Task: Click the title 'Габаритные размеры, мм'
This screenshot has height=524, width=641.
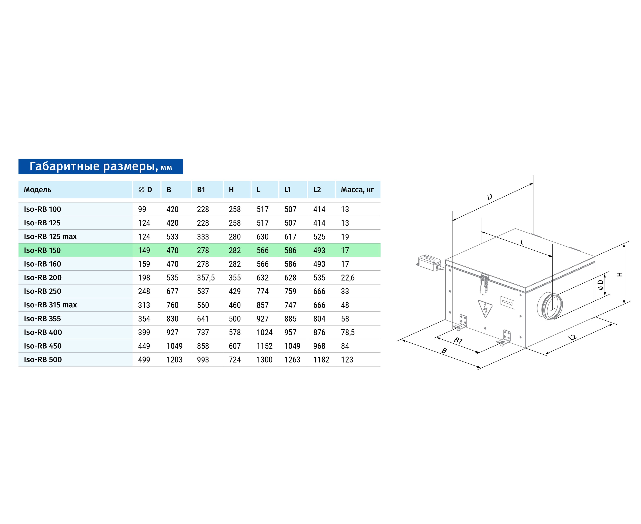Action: (x=101, y=167)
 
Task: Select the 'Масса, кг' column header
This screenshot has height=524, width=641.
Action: (x=357, y=190)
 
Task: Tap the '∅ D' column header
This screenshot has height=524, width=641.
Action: (x=145, y=190)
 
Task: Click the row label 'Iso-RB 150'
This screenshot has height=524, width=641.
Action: (x=42, y=250)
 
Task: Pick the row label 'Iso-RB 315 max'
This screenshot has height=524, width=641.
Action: (x=50, y=305)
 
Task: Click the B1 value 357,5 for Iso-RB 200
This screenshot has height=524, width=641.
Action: (x=206, y=278)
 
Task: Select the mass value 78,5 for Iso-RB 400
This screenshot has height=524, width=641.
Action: (x=348, y=332)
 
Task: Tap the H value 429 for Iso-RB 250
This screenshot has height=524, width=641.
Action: (x=235, y=291)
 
